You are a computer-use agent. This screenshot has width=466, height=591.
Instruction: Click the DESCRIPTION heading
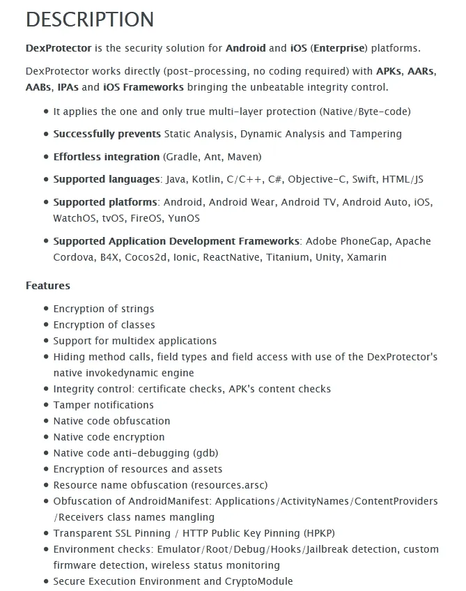point(90,20)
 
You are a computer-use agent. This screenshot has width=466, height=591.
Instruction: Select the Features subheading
point(47,285)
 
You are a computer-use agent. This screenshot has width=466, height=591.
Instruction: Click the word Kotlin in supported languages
point(206,179)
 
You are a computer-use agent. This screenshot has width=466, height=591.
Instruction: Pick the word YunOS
point(184,218)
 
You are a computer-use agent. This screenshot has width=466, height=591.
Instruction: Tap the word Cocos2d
point(143,257)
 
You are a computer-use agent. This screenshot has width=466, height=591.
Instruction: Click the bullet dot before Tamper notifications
point(46,405)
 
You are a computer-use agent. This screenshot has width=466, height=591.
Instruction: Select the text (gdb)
point(206,453)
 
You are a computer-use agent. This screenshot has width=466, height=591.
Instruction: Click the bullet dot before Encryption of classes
point(46,325)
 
